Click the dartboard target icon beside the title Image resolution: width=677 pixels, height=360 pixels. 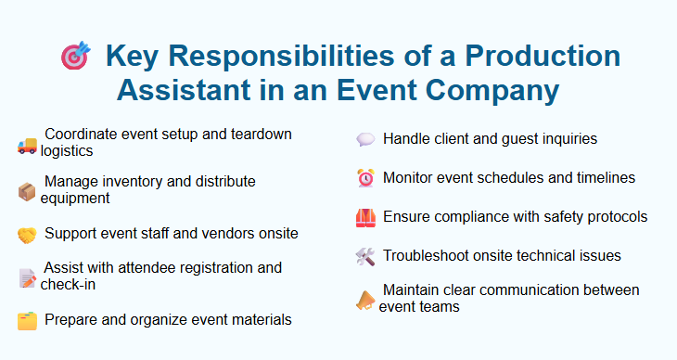click(x=75, y=57)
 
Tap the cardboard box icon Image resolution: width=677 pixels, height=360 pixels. click(x=27, y=191)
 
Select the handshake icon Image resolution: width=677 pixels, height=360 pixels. click(x=27, y=235)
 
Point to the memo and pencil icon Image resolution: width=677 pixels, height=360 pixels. click(x=27, y=277)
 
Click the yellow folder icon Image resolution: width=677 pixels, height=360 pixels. click(x=27, y=321)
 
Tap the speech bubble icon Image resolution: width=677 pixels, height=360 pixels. click(x=365, y=139)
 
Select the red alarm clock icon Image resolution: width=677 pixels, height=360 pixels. click(x=365, y=178)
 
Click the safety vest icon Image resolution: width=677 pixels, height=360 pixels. click(x=365, y=217)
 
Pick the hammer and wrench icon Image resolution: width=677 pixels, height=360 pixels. click(x=365, y=256)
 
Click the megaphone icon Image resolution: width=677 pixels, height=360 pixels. click(x=365, y=300)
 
